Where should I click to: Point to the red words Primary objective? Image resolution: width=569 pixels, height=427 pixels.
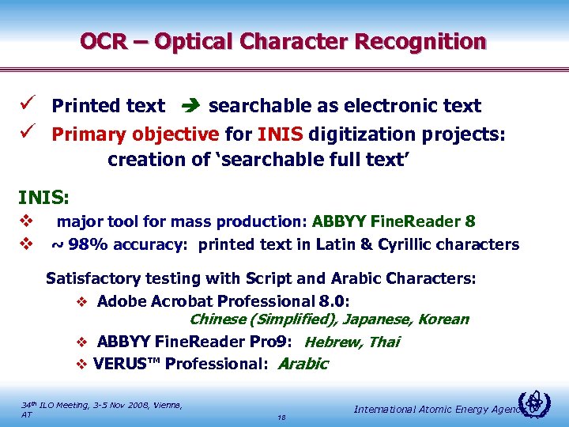pyautogui.click(x=135, y=133)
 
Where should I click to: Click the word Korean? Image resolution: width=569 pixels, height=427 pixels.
pyautogui.click(x=443, y=319)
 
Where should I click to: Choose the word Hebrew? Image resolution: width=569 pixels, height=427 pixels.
pyautogui.click(x=331, y=342)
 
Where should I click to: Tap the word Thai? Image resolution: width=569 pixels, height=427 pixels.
pyautogui.click(x=383, y=342)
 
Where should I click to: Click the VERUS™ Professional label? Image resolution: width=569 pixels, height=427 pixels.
pyautogui.click(x=181, y=365)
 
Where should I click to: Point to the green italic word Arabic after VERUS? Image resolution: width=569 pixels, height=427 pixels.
pyautogui.click(x=303, y=365)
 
